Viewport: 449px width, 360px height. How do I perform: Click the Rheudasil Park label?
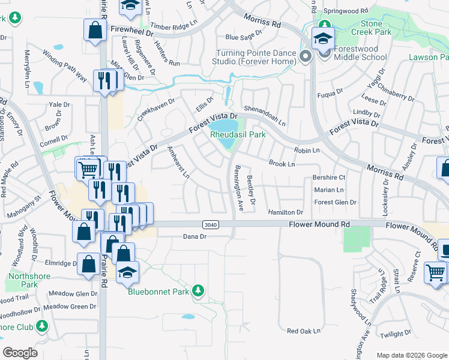pyautogui.click(x=238, y=135)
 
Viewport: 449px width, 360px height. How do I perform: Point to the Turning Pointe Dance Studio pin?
pyautogui.click(x=306, y=57)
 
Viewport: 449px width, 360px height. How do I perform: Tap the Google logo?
pyautogui.click(x=20, y=352)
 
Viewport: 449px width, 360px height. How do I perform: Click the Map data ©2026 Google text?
pyautogui.click(x=411, y=355)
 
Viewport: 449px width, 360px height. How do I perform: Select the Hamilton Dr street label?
pyautogui.click(x=286, y=212)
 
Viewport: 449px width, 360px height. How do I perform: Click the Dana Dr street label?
pyautogui.click(x=194, y=237)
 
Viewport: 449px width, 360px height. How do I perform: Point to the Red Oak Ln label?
pyautogui.click(x=304, y=331)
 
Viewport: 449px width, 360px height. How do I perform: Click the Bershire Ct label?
pyautogui.click(x=329, y=178)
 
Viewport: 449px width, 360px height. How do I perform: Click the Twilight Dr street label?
pyautogui.click(x=395, y=334)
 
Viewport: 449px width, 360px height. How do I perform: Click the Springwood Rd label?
pyautogui.click(x=345, y=11)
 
